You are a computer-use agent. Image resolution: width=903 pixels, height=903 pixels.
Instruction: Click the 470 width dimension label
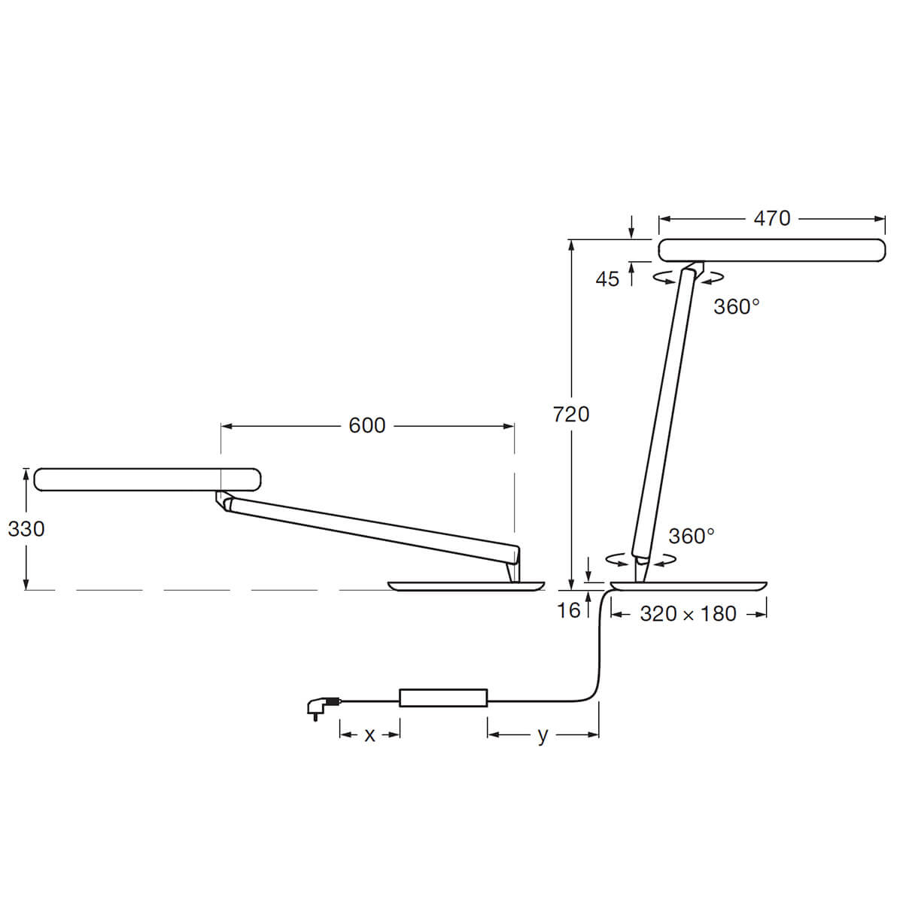tap(771, 218)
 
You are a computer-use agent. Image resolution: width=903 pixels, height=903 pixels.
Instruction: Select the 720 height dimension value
tap(571, 414)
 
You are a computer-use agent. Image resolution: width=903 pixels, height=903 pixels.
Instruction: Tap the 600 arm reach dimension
tap(367, 426)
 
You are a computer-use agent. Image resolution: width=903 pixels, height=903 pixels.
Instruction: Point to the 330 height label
tap(26, 529)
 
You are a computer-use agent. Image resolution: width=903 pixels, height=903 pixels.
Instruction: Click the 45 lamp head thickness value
tap(607, 279)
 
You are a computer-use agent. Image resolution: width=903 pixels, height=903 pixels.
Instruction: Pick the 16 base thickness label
tap(569, 610)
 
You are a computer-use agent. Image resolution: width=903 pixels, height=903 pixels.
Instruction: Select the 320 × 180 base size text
tap(688, 614)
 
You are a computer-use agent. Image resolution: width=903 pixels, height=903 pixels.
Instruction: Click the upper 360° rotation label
tap(736, 307)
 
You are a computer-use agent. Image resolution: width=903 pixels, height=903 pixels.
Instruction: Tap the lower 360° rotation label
tap(691, 536)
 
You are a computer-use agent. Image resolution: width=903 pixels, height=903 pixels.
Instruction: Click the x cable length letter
tap(369, 735)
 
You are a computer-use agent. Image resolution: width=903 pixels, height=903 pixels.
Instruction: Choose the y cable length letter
tap(543, 735)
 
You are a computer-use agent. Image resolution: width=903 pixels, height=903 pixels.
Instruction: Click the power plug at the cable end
tap(318, 707)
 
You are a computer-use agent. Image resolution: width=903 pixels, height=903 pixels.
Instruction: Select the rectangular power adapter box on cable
tap(443, 698)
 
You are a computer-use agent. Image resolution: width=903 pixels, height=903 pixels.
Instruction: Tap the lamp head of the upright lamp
tap(771, 250)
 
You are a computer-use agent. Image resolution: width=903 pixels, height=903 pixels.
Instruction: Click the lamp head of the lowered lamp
tap(147, 479)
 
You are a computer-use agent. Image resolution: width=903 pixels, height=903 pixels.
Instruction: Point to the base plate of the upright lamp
tap(689, 585)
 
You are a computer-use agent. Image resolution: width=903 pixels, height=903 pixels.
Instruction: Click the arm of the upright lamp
tap(662, 414)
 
